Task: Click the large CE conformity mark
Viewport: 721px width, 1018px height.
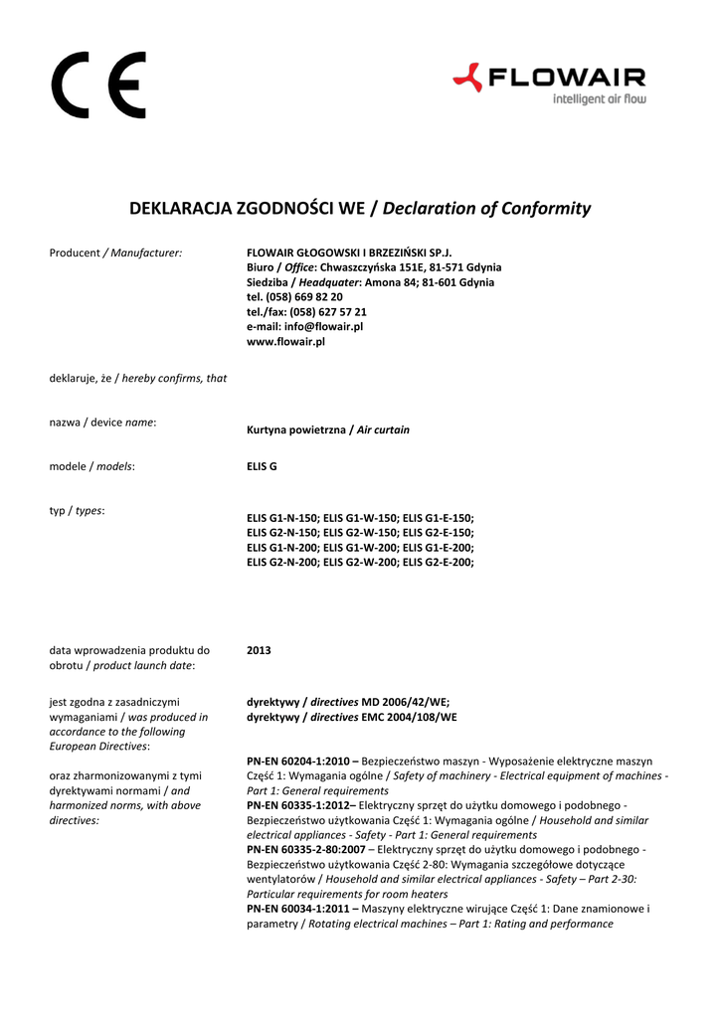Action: [98, 85]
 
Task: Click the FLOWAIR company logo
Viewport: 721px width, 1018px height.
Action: [548, 77]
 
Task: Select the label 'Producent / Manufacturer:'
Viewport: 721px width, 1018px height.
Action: [116, 254]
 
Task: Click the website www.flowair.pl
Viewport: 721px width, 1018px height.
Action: [285, 341]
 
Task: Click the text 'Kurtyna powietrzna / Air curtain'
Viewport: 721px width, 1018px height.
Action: [328, 430]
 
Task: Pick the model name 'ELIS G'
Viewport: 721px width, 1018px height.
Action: [262, 466]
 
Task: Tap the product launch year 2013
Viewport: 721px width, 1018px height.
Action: [259, 650]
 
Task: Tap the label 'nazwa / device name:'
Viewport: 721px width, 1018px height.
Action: [102, 423]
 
